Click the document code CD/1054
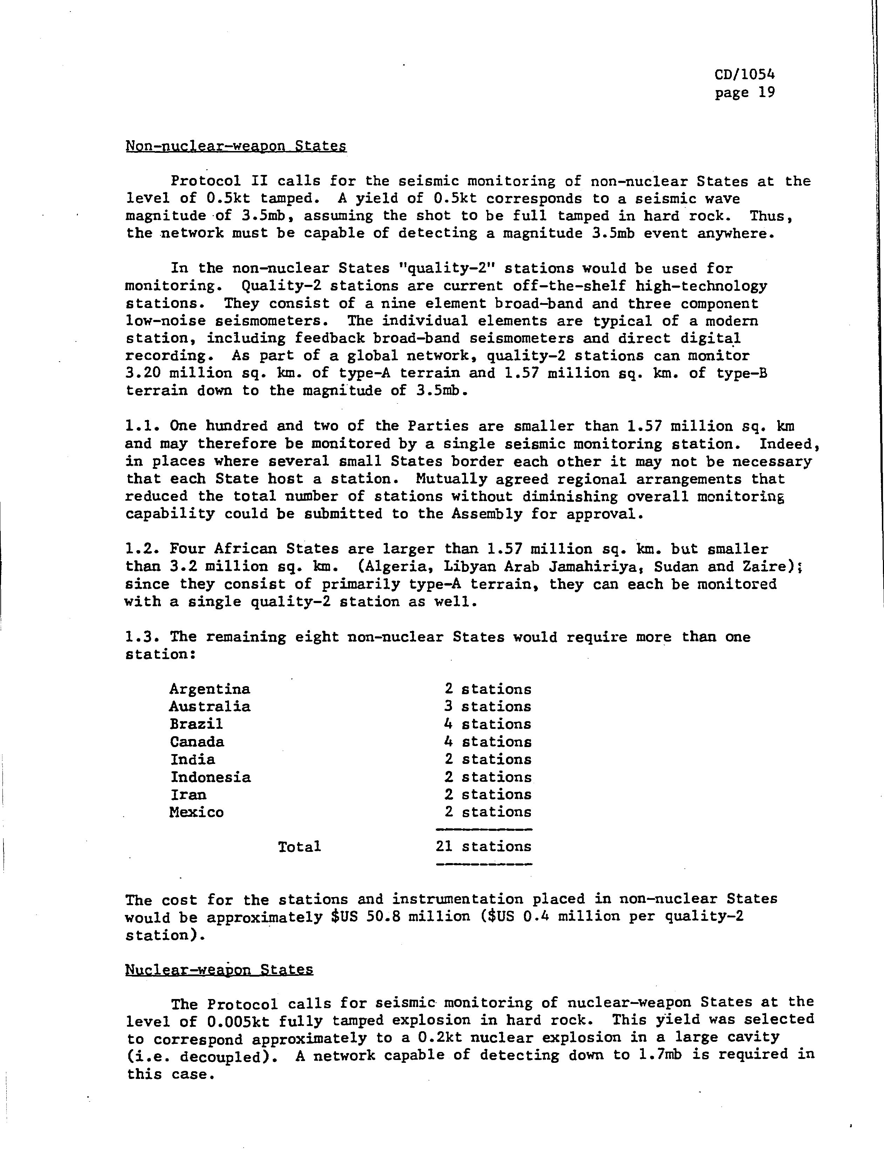[x=744, y=75]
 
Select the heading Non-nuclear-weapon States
[x=236, y=146]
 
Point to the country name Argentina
[x=209, y=689]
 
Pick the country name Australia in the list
[x=209, y=706]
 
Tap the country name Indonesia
[x=210, y=777]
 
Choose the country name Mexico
[x=196, y=813]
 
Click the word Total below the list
[x=299, y=847]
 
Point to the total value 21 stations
[x=483, y=847]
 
